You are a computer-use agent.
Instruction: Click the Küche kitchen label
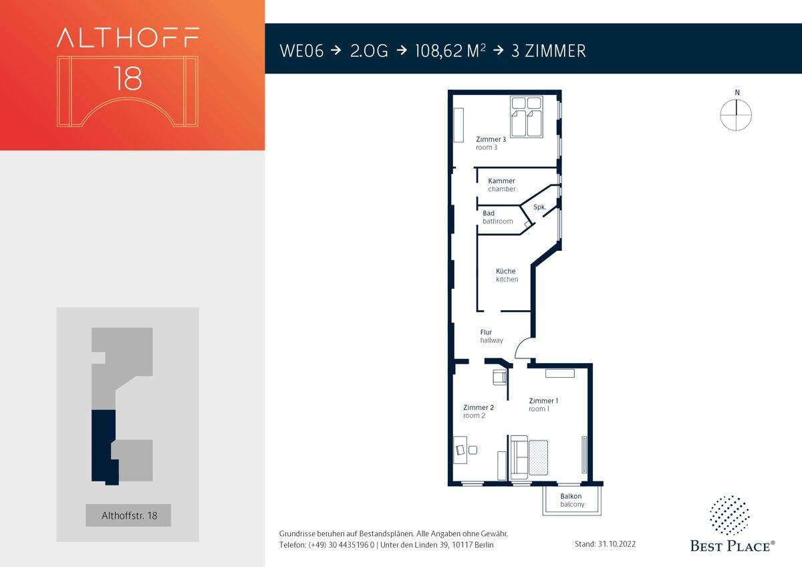point(507,275)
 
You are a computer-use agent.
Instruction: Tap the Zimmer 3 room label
point(491,143)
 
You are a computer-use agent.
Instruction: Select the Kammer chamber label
point(502,185)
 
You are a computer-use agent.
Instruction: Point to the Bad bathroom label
point(497,217)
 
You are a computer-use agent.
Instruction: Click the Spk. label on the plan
point(539,207)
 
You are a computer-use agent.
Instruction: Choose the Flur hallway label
point(492,336)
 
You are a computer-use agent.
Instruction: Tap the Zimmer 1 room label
point(543,405)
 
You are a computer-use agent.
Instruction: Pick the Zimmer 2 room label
point(479,411)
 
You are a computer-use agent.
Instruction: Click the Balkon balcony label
point(572,500)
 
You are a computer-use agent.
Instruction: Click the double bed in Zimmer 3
point(527,117)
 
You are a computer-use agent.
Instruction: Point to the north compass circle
point(736,115)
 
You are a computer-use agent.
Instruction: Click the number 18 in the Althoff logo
point(128,78)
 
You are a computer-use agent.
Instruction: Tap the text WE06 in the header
point(301,51)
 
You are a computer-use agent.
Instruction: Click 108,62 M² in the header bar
point(450,51)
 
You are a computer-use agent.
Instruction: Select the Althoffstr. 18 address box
point(128,515)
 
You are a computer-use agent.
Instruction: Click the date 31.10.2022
point(616,544)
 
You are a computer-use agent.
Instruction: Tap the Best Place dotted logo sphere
point(729,516)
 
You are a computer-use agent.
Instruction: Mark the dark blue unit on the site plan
point(104,447)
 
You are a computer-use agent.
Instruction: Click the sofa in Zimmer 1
point(519,457)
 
